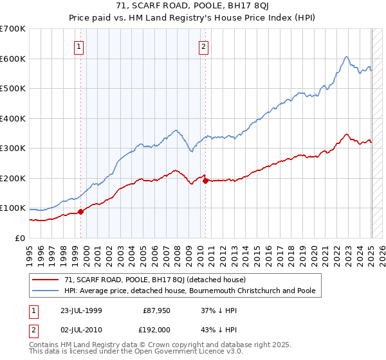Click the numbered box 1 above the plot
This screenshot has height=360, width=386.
pyautogui.click(x=78, y=46)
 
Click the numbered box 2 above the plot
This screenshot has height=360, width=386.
pyautogui.click(x=203, y=46)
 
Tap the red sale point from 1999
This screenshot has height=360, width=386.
pyautogui.click(x=81, y=212)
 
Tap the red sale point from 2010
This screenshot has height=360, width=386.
pyautogui.click(x=205, y=181)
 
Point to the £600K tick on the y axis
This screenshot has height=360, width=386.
pyautogui.click(x=13, y=59)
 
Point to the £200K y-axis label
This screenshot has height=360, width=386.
pyautogui.click(x=13, y=178)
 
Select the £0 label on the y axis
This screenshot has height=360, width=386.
pyautogui.click(x=21, y=238)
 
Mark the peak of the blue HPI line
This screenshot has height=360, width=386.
pyautogui.click(x=346, y=57)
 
